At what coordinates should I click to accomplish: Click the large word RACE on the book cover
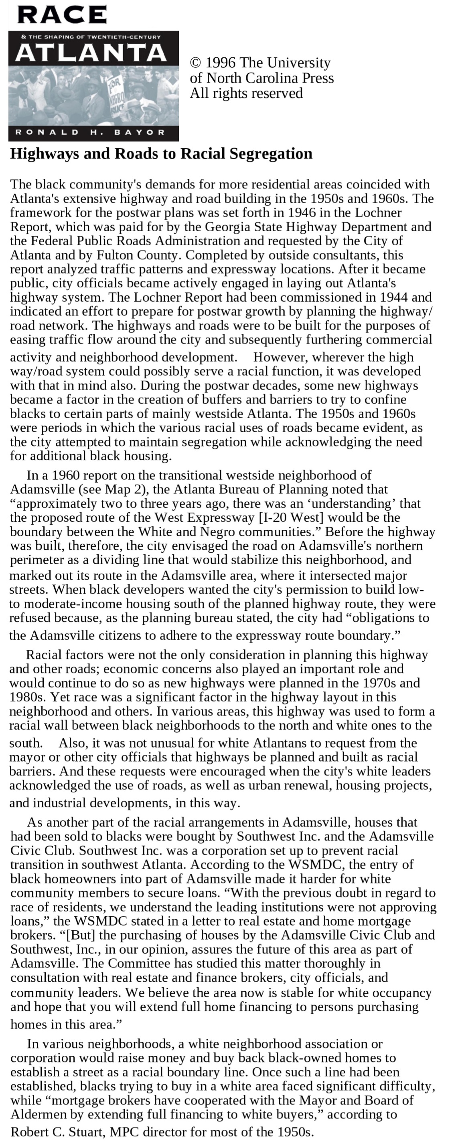coord(62,15)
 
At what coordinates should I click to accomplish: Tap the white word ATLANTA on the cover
coord(91,53)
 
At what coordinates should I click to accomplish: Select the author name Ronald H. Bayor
coord(90,132)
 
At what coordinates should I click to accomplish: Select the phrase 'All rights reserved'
coord(246,93)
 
